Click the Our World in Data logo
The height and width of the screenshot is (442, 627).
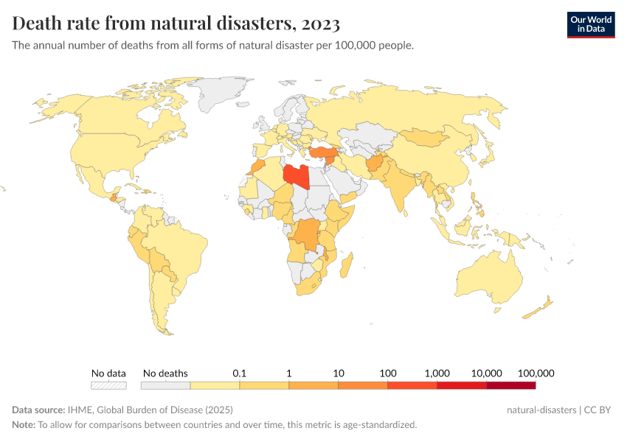click(590, 24)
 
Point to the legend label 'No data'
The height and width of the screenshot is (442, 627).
click(108, 373)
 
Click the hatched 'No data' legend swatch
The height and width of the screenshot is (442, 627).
click(108, 385)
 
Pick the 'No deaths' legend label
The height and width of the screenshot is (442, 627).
click(165, 373)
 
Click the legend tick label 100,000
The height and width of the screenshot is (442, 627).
click(536, 373)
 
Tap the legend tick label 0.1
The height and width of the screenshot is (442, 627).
click(239, 373)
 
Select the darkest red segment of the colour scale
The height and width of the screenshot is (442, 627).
click(510, 385)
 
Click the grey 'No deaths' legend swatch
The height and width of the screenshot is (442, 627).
click(165, 385)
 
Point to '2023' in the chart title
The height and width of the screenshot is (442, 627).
click(320, 24)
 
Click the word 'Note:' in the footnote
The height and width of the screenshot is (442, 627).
click(24, 424)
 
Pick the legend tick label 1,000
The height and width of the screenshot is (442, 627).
click(437, 373)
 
